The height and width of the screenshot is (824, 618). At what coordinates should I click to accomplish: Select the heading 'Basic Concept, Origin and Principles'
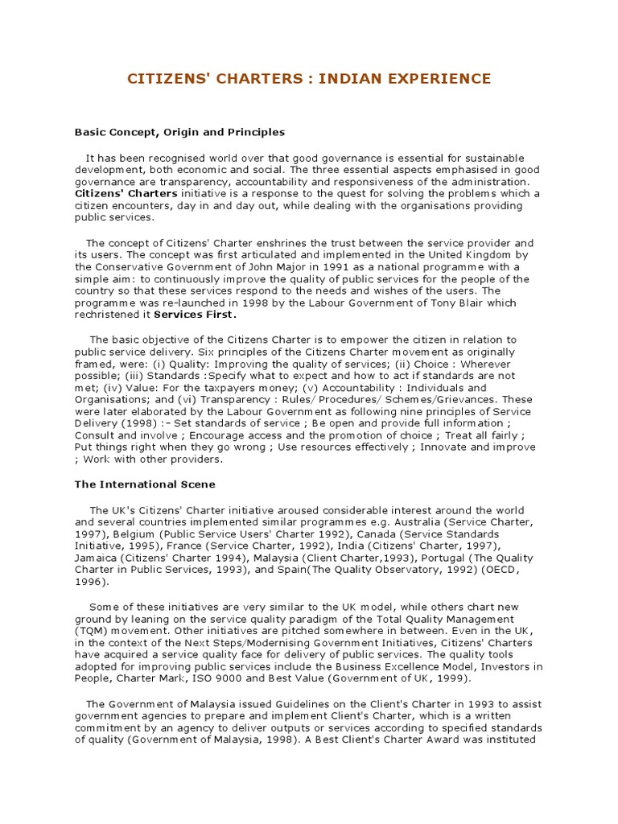[179, 131]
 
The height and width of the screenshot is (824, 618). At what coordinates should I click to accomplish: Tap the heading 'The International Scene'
[145, 484]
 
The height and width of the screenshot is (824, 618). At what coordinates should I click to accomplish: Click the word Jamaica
[96, 556]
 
